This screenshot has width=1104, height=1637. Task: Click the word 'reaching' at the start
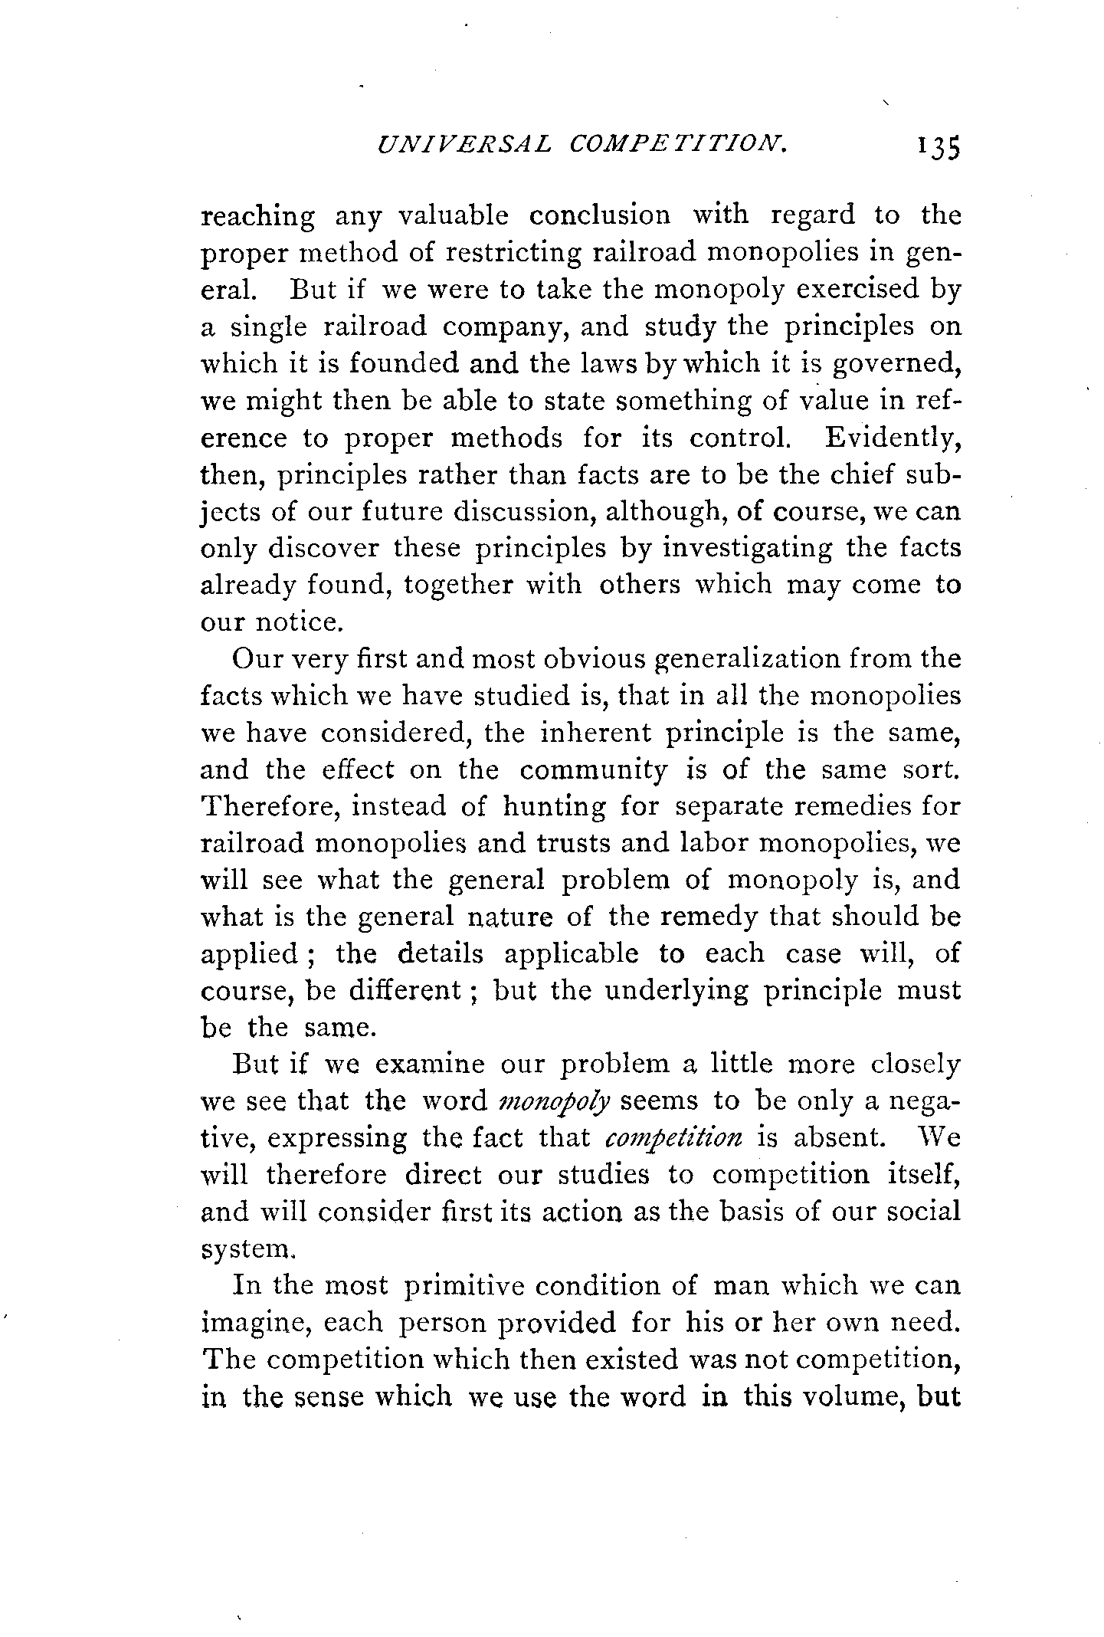coord(257,217)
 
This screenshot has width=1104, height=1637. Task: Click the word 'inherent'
coord(595,733)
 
